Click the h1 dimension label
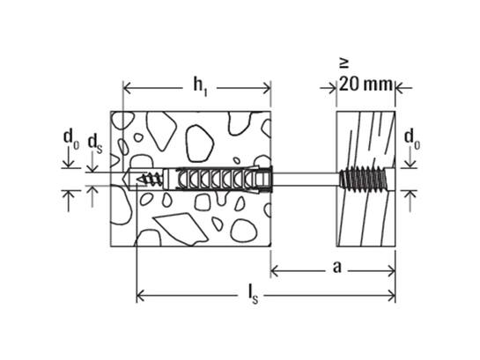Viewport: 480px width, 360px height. (x=200, y=86)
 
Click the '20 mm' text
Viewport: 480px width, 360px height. (x=366, y=84)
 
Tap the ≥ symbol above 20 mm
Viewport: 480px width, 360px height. (x=343, y=64)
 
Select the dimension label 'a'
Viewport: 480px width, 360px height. (x=337, y=268)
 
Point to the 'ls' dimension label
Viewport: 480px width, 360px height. (x=254, y=295)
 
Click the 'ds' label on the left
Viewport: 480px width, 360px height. (x=95, y=143)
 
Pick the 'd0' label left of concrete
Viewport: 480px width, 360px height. (x=70, y=139)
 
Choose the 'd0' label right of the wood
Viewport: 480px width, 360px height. (x=412, y=139)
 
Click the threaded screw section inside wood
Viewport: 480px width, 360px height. (x=364, y=180)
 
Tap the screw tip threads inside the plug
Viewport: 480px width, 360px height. (x=150, y=179)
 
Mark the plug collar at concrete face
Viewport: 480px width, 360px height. (x=266, y=180)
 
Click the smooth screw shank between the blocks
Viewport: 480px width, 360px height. (x=306, y=180)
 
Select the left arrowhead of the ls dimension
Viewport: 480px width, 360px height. (x=140, y=296)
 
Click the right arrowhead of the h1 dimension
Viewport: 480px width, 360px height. (x=267, y=89)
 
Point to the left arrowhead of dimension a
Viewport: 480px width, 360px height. (x=275, y=271)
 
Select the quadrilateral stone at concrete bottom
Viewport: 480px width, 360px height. (x=181, y=229)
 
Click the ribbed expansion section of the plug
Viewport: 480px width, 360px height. (x=213, y=180)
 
